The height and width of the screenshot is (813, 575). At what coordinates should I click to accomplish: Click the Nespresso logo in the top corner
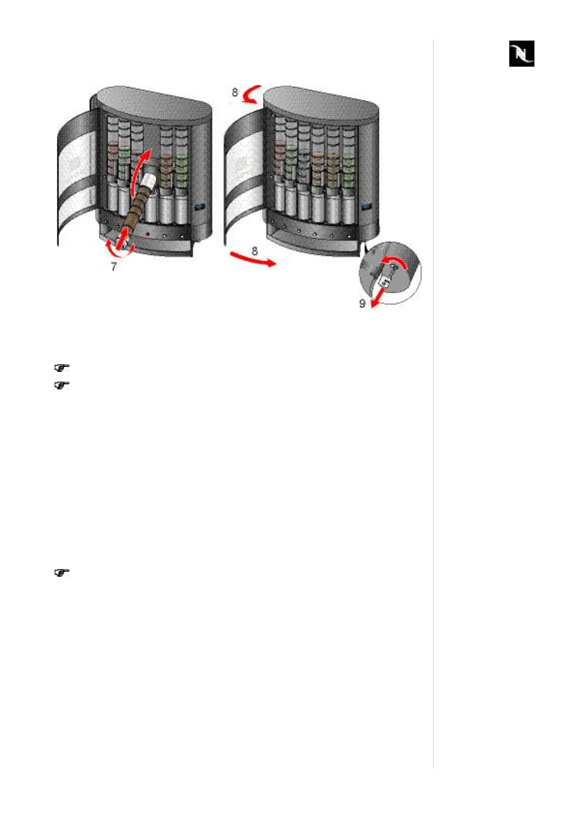[x=521, y=54]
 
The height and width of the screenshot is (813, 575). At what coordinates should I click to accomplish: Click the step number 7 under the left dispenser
[x=114, y=266]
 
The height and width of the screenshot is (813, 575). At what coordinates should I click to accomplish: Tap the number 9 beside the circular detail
[x=362, y=304]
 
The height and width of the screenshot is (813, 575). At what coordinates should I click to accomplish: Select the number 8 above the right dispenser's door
[x=235, y=92]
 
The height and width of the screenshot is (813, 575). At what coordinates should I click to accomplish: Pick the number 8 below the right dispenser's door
[x=255, y=251]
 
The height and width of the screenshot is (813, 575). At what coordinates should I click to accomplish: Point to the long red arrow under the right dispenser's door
[x=251, y=260]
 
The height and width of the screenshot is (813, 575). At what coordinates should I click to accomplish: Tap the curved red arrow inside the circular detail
[x=395, y=262]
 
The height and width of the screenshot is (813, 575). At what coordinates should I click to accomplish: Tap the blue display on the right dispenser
[x=367, y=207]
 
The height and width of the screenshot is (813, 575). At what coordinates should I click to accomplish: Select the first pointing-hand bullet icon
[x=62, y=368]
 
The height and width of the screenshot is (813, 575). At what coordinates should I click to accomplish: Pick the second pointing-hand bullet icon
[x=62, y=385]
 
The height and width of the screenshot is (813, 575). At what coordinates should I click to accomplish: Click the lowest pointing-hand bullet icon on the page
[x=62, y=573]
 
